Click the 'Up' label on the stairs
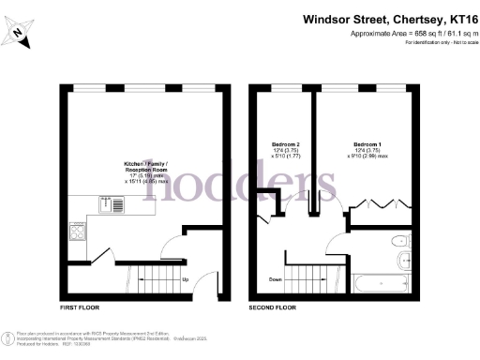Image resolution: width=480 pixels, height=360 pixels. pos(185,279)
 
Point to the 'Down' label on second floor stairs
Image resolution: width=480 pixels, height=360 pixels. pos(274,279)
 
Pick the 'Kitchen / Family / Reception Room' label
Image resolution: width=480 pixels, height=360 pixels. pos(147,168)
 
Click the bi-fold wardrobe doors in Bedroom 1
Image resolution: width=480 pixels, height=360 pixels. pos(379,202)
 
